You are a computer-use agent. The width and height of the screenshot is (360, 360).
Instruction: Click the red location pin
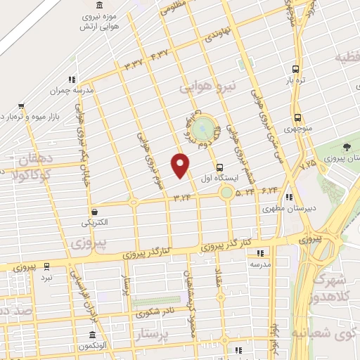click(181, 166)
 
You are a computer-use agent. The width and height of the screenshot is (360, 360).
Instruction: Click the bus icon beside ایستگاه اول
click(220, 168)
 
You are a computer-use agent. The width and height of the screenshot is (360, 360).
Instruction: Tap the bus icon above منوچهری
click(298, 118)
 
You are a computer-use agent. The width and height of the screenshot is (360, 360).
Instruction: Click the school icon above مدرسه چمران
click(70, 80)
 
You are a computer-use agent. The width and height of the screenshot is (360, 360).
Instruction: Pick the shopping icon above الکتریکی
click(94, 211)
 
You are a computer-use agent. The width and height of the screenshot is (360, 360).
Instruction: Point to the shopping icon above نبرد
click(46, 266)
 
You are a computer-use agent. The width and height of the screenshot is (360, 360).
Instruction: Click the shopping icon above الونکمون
click(90, 335)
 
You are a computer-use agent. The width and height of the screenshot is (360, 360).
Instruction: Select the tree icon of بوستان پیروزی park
click(347, 147)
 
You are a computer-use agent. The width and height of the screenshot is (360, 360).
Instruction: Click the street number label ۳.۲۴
click(181, 198)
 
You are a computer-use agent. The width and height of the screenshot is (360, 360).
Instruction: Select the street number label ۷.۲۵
click(307, 166)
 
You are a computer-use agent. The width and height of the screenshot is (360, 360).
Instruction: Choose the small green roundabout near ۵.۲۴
click(226, 192)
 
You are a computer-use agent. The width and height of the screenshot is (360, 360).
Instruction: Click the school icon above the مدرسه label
click(259, 253)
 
